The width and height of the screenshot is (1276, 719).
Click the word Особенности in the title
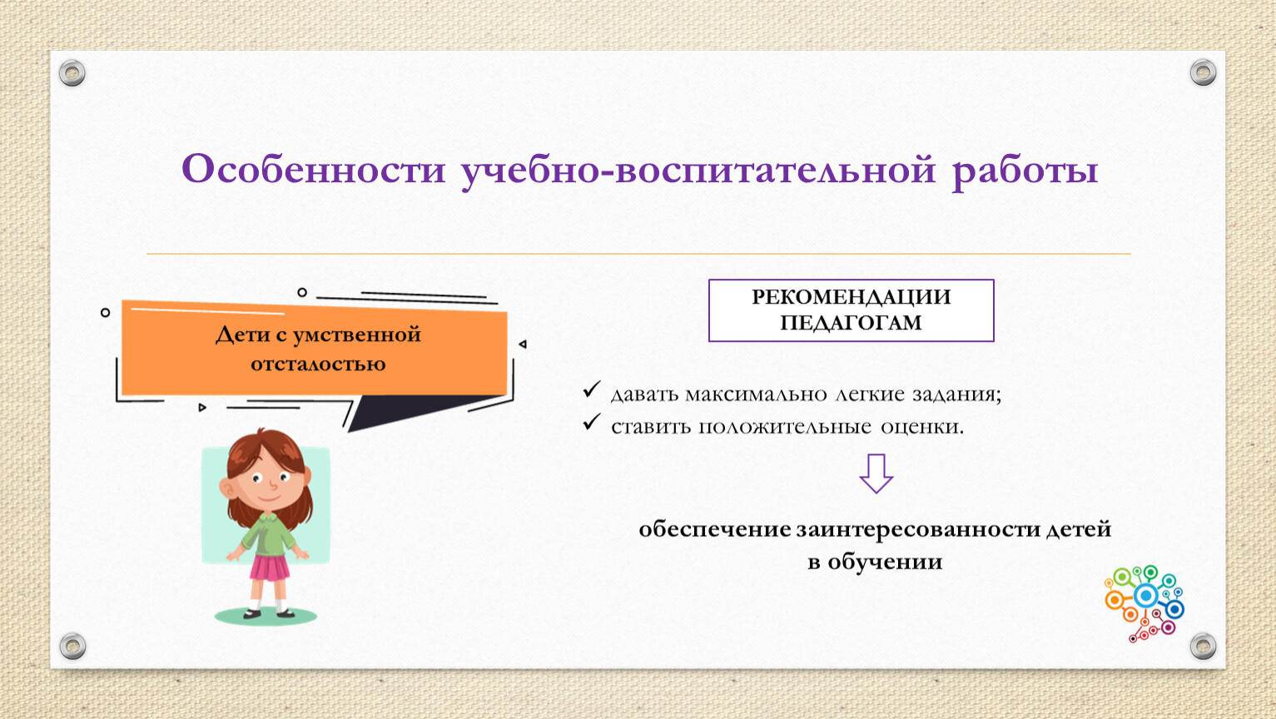click(x=313, y=169)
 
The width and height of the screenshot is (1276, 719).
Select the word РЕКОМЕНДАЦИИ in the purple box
click(x=851, y=297)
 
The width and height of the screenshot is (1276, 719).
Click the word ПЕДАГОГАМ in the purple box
click(x=851, y=323)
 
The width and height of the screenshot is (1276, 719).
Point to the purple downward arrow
click(x=876, y=473)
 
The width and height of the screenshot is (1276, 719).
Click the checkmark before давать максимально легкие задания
click(x=592, y=389)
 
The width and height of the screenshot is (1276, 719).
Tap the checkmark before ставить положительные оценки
click(x=592, y=422)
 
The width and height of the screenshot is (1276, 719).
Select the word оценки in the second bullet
click(x=922, y=427)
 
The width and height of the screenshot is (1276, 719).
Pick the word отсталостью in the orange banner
click(x=318, y=364)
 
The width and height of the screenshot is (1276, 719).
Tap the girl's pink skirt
click(x=269, y=568)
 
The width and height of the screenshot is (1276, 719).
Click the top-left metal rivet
click(x=72, y=73)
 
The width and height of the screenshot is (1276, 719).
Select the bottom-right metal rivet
click(x=1203, y=646)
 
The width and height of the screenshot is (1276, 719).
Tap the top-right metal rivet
click(x=1203, y=72)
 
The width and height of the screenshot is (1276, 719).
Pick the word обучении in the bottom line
click(x=886, y=563)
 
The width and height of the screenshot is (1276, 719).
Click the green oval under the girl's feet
click(x=266, y=616)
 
